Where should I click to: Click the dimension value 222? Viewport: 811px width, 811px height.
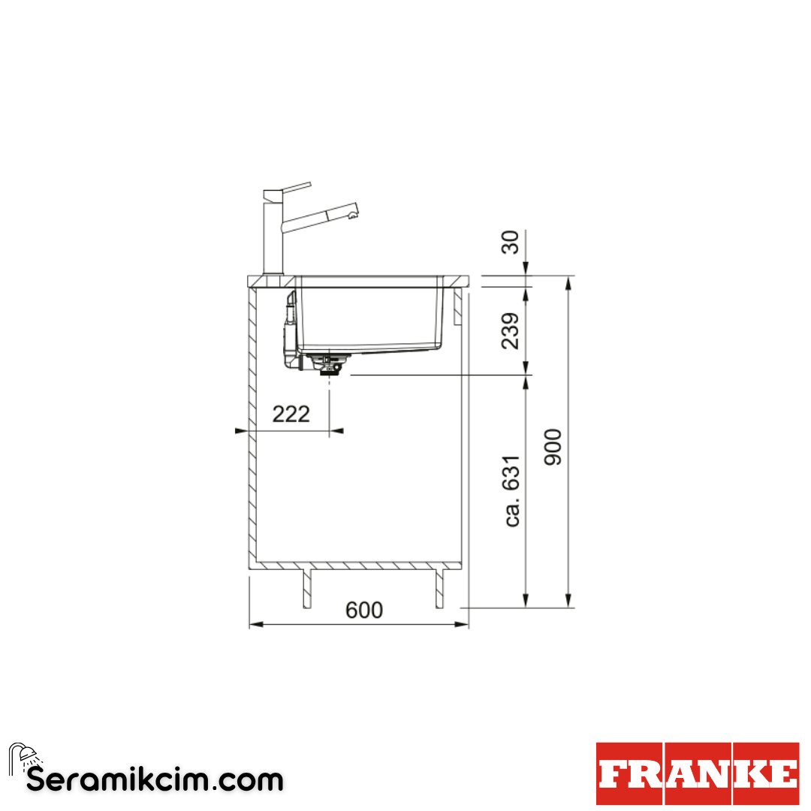(291, 414)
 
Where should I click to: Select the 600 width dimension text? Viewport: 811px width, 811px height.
(364, 611)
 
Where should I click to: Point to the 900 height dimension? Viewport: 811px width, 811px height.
(553, 447)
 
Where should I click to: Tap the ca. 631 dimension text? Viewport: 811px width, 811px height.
(511, 491)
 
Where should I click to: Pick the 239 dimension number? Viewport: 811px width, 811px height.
(511, 331)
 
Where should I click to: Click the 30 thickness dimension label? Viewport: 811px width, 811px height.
(511, 242)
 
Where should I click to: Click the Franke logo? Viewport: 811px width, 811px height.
(698, 773)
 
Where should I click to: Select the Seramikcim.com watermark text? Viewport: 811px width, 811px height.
(155, 780)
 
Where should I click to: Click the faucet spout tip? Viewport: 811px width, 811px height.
(353, 211)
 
